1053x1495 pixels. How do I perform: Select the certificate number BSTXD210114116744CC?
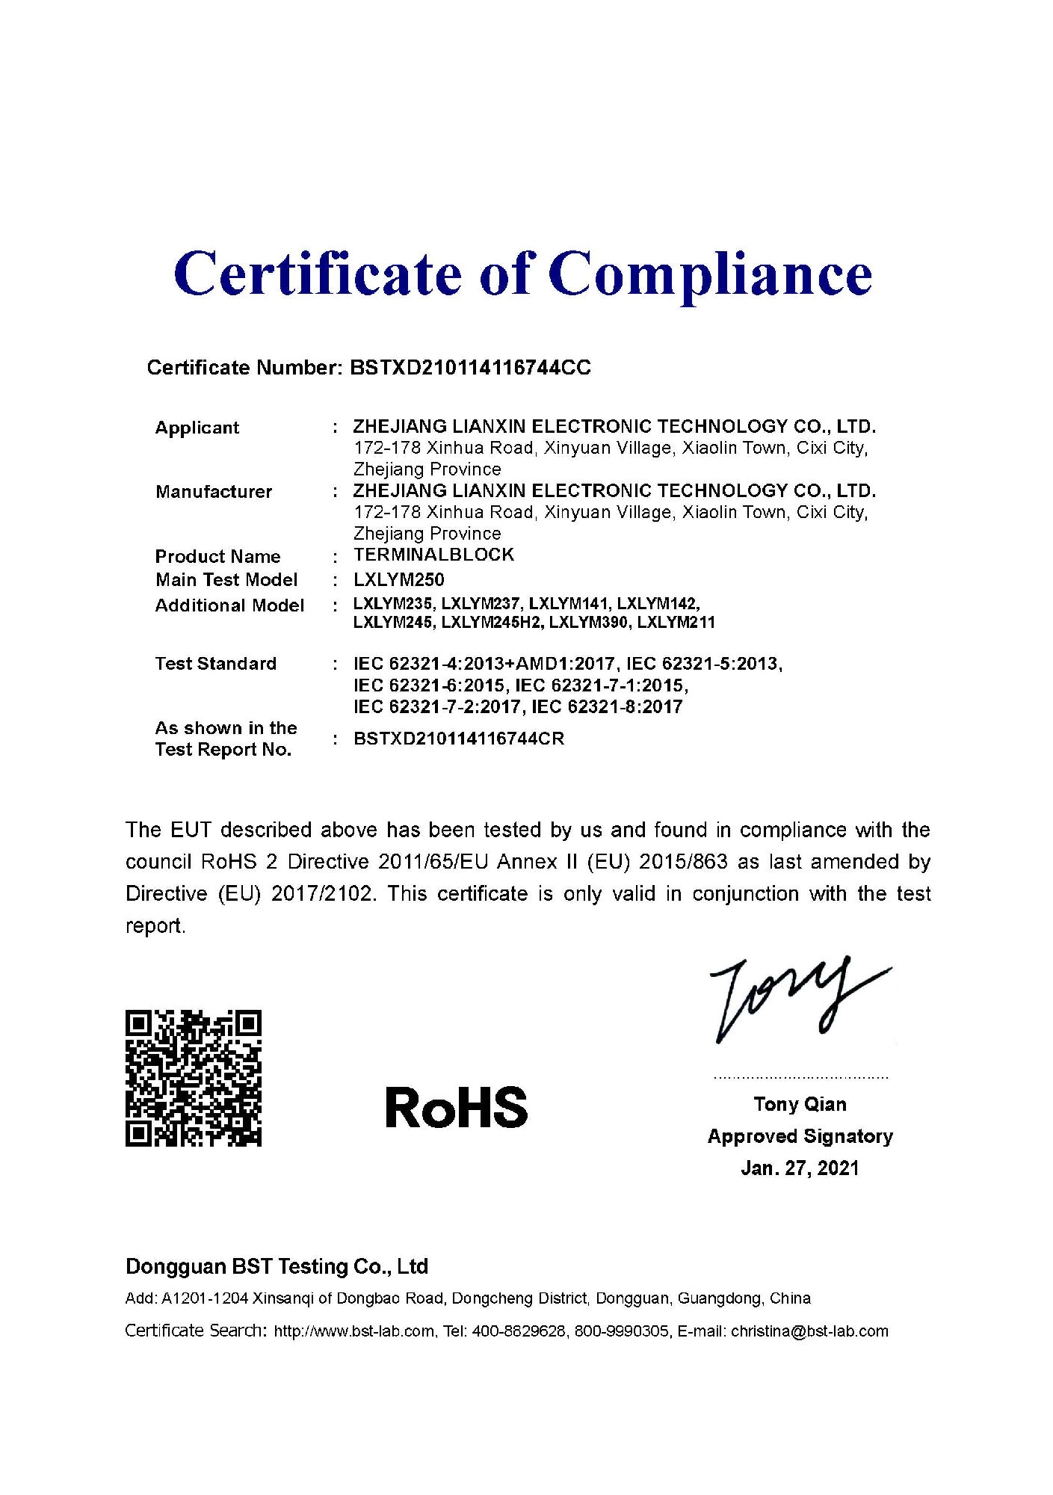click(470, 368)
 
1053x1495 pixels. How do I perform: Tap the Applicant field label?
click(197, 428)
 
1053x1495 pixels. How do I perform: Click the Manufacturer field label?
click(213, 492)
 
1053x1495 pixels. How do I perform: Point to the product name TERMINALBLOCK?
click(433, 555)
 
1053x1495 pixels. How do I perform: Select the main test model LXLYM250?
click(398, 580)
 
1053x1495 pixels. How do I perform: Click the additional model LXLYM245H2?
click(490, 623)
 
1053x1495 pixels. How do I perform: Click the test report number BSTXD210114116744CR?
click(458, 739)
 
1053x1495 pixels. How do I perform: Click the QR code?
click(194, 1078)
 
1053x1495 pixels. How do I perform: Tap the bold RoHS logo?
click(456, 1107)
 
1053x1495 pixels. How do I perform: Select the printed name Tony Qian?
click(800, 1104)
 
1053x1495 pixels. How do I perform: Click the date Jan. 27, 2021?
click(800, 1168)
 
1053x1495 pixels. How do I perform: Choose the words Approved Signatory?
click(800, 1136)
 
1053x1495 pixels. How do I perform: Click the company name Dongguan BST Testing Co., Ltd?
click(277, 1266)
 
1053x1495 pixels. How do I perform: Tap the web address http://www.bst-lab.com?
click(354, 1331)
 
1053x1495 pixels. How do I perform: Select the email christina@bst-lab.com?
click(809, 1331)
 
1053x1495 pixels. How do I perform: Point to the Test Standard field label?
click(215, 664)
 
